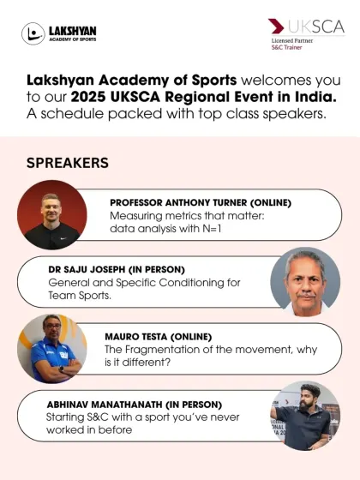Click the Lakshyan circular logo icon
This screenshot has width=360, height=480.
click(33, 33)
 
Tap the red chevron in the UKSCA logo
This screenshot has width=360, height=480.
click(276, 26)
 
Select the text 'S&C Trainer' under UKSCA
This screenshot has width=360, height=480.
click(286, 47)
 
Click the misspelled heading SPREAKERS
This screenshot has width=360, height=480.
click(68, 163)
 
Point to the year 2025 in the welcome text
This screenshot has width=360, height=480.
click(88, 97)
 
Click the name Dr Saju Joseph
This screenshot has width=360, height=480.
click(87, 269)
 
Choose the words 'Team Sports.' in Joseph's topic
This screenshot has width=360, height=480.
click(80, 296)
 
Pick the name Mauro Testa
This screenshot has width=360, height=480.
click(136, 337)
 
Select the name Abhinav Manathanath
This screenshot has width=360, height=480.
click(105, 405)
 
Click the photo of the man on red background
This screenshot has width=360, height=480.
click(52, 214)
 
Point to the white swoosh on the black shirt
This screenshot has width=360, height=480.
click(63, 238)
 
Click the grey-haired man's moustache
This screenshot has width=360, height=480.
click(306, 296)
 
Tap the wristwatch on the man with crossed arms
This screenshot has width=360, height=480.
click(61, 369)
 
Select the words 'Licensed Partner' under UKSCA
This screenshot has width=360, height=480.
click(292, 41)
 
